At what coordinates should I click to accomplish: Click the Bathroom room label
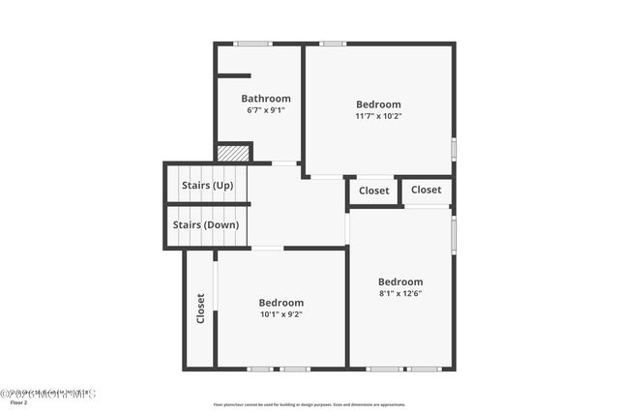point(266,99)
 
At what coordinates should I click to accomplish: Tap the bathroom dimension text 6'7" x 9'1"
point(266,110)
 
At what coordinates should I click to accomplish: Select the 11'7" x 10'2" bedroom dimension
point(378,116)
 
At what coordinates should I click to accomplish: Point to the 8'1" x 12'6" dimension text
point(400,293)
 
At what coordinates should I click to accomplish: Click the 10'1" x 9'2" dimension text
point(281,313)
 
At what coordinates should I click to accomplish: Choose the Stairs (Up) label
point(207,185)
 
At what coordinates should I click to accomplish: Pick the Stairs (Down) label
point(206,225)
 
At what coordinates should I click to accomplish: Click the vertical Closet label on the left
point(201,308)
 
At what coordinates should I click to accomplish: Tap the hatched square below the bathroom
point(232,153)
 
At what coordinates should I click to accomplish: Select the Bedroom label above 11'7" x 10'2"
point(378,104)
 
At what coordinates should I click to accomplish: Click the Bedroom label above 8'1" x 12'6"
point(400,281)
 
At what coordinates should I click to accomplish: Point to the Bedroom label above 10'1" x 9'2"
point(281,302)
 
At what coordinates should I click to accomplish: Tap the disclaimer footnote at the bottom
point(309,404)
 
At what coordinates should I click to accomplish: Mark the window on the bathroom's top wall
point(253,44)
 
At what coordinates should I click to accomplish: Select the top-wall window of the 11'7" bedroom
point(333,44)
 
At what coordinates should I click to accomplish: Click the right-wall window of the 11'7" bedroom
point(454,149)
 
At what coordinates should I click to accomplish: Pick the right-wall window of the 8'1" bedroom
point(454,233)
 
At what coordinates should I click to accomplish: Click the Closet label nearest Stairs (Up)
point(374,191)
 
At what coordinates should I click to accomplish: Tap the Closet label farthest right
point(427,190)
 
